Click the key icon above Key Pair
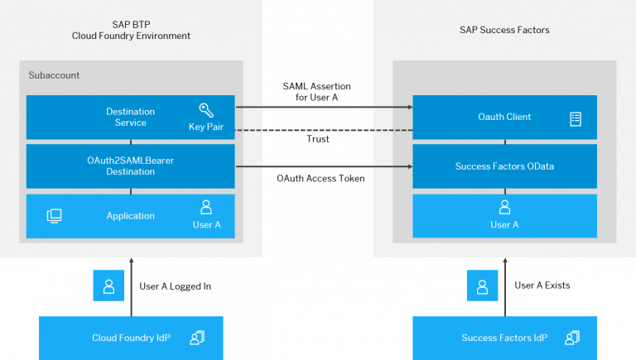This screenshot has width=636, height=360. tap(206, 111)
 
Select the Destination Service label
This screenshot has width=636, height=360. tap(130, 117)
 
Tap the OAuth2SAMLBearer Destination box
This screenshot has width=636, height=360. tap(130, 166)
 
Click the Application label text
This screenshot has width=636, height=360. tap(130, 216)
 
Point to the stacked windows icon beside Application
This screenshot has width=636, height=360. tap(55, 216)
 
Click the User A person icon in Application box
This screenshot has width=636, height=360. tap(206, 208)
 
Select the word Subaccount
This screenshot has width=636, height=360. tap(54, 75)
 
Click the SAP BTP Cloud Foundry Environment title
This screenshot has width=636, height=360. tap(131, 30)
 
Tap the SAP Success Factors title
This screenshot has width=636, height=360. tap(504, 30)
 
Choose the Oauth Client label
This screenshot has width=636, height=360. tap(504, 117)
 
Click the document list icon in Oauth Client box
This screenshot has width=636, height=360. tap(576, 118)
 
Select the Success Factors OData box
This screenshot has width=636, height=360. tap(504, 166)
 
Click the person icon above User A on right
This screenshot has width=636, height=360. tap(504, 208)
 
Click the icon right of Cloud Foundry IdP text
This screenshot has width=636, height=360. tap(197, 338)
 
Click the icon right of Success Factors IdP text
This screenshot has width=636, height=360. tap(571, 338)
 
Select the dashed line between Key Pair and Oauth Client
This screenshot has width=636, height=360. tap(323, 130)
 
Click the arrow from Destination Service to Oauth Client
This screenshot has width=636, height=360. tap(323, 107)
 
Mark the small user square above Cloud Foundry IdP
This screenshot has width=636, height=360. tap(108, 286)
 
